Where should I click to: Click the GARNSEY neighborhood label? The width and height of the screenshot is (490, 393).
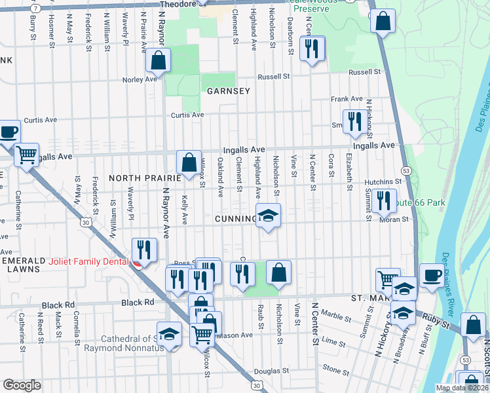(x=229, y=91)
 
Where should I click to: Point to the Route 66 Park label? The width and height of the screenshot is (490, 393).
(x=421, y=202)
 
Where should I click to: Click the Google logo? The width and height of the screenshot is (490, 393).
(x=22, y=385)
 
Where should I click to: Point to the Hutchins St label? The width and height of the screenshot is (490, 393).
(x=383, y=181)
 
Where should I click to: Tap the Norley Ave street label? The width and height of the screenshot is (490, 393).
(x=140, y=79)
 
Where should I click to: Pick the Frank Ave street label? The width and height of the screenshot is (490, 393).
(x=342, y=99)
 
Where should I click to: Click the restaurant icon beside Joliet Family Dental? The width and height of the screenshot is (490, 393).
(x=144, y=250)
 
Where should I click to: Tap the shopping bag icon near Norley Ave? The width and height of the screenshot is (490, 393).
(x=158, y=60)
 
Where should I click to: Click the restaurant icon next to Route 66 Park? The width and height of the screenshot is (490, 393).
(x=383, y=200)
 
